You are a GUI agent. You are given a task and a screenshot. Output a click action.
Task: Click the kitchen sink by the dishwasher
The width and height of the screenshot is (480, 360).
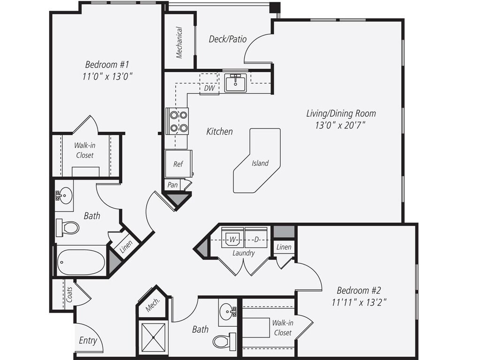235,82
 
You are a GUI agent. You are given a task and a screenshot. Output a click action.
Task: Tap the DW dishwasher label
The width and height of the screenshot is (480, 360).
210,88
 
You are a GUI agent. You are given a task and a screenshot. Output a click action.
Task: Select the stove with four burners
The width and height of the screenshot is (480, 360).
177,121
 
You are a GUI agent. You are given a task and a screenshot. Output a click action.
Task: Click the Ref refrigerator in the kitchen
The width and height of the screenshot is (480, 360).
179,164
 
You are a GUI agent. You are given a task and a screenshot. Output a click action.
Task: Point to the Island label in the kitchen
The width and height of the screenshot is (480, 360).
260,163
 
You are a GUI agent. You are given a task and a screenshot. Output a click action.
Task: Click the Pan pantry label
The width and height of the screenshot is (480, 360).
172,185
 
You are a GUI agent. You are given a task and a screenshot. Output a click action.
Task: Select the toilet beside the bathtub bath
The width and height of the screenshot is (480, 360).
67,227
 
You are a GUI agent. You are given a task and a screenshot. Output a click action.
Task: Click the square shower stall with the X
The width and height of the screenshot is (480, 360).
153,337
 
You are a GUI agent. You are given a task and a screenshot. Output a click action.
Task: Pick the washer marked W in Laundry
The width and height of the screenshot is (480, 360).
232,239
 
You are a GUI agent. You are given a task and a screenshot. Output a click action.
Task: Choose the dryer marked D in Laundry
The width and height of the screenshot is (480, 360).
256,239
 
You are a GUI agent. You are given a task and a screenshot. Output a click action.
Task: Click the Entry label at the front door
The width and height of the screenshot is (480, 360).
88,340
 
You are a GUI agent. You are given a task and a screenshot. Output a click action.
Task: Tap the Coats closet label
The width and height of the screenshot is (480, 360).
69,294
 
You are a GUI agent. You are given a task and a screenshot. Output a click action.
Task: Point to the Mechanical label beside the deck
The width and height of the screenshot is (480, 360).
179,43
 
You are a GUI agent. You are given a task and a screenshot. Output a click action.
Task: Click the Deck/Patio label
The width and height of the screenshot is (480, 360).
227,39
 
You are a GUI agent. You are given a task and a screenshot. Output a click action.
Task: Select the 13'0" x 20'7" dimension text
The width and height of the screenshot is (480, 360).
341,126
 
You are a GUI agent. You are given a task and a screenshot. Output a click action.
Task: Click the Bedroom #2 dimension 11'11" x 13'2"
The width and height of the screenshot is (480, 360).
359,302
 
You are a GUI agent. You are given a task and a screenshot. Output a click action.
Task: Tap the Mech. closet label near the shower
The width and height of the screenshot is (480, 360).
152,305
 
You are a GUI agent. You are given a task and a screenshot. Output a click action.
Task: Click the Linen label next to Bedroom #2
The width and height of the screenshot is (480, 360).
284,247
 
